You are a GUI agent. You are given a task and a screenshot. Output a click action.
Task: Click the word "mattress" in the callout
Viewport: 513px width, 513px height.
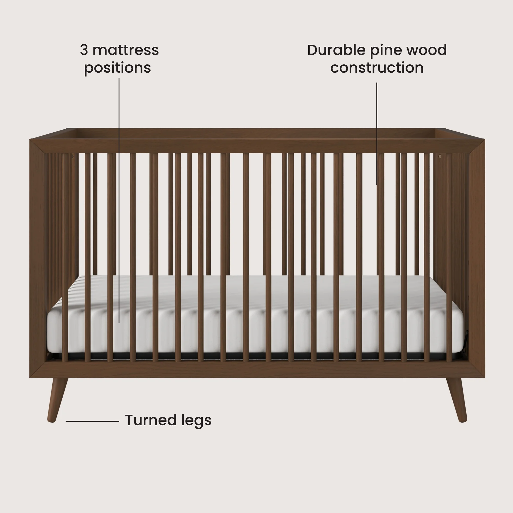click(x=126, y=50)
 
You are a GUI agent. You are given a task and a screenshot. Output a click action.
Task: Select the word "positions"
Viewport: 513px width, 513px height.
click(x=117, y=68)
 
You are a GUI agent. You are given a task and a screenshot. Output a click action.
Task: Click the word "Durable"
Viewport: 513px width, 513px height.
click(x=336, y=50)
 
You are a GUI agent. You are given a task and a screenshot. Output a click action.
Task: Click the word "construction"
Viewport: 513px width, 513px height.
click(x=377, y=68)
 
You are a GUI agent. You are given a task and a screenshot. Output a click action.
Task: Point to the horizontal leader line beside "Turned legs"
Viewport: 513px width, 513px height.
click(x=92, y=421)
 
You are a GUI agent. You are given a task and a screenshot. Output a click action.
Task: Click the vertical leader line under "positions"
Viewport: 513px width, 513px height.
click(x=119, y=186)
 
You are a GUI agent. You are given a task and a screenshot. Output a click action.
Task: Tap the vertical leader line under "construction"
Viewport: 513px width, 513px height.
click(x=377, y=133)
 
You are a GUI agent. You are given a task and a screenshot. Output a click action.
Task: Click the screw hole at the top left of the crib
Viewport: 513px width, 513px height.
click(x=72, y=157)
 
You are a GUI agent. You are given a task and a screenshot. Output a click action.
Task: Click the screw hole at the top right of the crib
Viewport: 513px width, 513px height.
click(x=440, y=156)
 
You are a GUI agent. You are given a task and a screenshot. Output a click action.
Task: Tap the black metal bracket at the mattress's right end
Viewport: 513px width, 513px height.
click(x=467, y=342)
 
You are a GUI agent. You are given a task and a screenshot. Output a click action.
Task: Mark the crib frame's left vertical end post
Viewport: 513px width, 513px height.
click(x=38, y=258)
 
